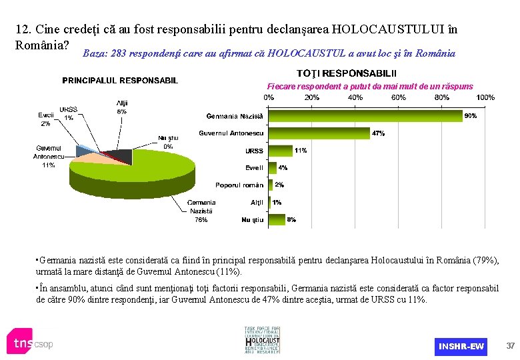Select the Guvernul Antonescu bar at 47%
(319, 133)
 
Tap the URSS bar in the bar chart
(280, 151)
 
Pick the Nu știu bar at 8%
(277, 219)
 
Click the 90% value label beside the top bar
(470, 116)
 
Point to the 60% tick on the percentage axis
(398, 97)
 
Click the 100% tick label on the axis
(485, 97)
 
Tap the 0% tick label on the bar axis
(268, 97)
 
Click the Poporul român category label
(239, 185)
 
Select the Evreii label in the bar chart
(254, 168)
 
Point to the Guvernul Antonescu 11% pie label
(48, 156)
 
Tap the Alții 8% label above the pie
(122, 107)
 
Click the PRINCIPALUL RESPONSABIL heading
(120, 81)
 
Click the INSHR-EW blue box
(461, 346)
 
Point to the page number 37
(510, 345)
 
